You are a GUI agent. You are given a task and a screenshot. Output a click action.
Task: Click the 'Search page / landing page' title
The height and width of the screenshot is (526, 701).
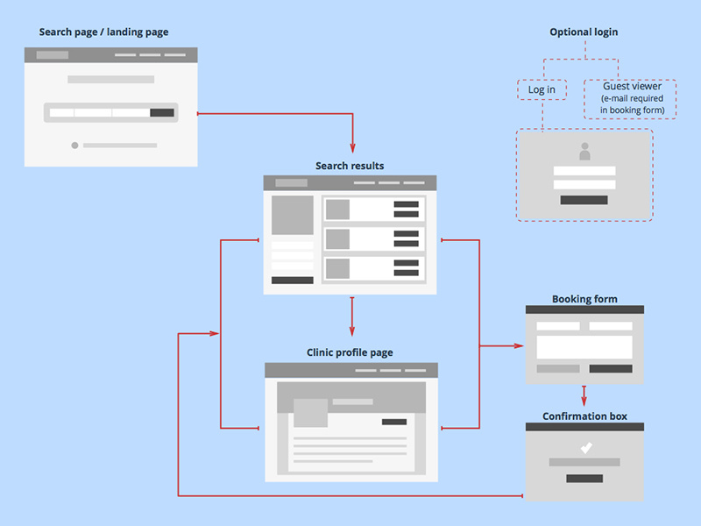pyautogui.click(x=103, y=32)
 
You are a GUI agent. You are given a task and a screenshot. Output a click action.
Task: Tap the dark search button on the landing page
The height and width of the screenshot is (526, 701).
pyautogui.click(x=162, y=112)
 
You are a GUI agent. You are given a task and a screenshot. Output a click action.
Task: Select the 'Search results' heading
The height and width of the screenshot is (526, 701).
pyautogui.click(x=350, y=166)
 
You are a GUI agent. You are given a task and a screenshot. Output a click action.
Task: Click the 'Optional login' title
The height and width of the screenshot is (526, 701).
pyautogui.click(x=584, y=32)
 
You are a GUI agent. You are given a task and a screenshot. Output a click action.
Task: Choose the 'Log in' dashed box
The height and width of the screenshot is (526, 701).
pyautogui.click(x=542, y=89)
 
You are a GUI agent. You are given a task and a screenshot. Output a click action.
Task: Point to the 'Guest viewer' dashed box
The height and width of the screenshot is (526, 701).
pyautogui.click(x=631, y=99)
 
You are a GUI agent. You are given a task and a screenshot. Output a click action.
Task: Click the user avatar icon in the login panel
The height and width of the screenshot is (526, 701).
pyautogui.click(x=584, y=151)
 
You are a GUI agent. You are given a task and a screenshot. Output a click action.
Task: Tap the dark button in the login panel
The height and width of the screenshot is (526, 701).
pyautogui.click(x=584, y=200)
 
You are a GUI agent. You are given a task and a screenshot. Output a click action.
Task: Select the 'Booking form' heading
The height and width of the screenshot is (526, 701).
pyautogui.click(x=584, y=299)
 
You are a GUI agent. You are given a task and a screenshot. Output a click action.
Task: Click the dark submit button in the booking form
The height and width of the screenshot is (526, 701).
pyautogui.click(x=611, y=369)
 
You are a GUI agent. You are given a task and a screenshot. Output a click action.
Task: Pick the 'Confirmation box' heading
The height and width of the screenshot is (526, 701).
pyautogui.click(x=584, y=416)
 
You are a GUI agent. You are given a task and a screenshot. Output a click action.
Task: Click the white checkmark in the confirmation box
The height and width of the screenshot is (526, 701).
pyautogui.click(x=585, y=448)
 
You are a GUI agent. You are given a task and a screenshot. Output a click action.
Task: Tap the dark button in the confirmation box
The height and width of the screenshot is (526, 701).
pyautogui.click(x=584, y=478)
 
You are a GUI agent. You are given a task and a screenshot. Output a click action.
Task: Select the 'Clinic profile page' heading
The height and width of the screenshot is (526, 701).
pyautogui.click(x=350, y=353)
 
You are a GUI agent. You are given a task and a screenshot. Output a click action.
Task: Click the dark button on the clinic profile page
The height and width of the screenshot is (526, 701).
pyautogui.click(x=394, y=422)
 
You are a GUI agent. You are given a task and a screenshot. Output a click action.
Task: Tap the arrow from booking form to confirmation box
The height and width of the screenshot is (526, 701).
pyautogui.click(x=584, y=394)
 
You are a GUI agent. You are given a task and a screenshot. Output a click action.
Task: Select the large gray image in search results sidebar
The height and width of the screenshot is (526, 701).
pyautogui.click(x=292, y=216)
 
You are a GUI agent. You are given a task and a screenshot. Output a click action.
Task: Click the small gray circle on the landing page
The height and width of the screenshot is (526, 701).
pyautogui.click(x=74, y=146)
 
